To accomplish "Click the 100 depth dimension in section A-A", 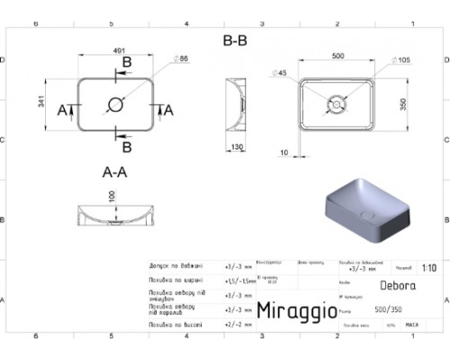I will tap(112, 197).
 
